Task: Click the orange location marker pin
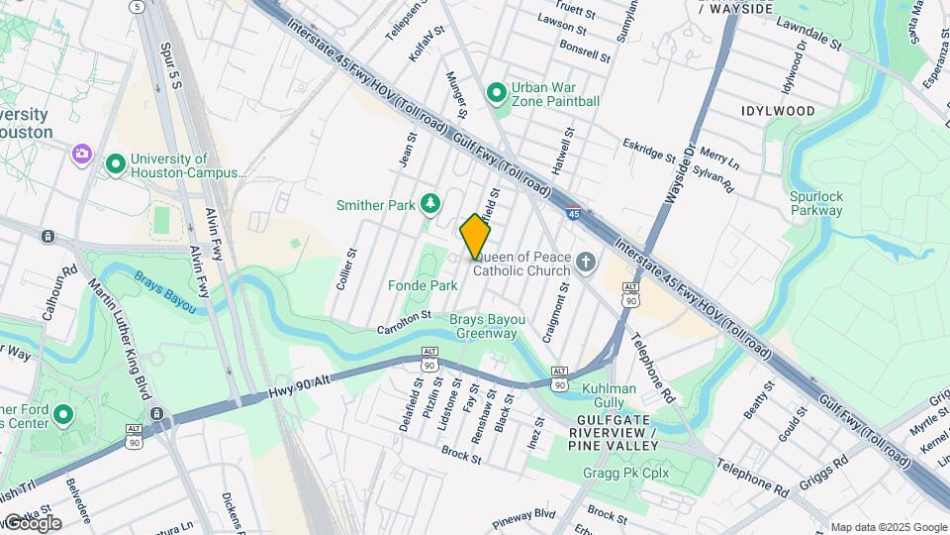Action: pyautogui.click(x=475, y=236)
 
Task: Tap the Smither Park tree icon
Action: pyautogui.click(x=430, y=204)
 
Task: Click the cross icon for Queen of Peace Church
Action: pyautogui.click(x=586, y=264)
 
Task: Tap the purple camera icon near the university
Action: pyautogui.click(x=81, y=155)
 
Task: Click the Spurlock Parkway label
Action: pyautogui.click(x=816, y=203)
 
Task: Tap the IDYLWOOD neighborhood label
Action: pyautogui.click(x=778, y=111)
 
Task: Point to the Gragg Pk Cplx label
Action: pyautogui.click(x=627, y=473)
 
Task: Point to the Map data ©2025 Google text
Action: pyautogui.click(x=888, y=527)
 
